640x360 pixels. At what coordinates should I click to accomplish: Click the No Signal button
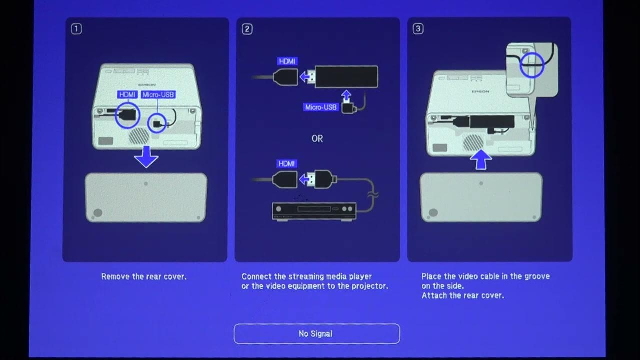tap(316, 334)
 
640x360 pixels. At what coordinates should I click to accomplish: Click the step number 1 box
tap(76, 29)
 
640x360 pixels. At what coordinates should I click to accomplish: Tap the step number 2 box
tap(247, 29)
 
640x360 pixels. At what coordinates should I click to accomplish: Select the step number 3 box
tap(418, 29)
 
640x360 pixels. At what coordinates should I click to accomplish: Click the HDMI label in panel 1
tap(127, 95)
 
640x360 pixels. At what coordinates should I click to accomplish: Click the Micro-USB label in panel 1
tap(158, 95)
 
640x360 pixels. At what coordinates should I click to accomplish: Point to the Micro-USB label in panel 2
tap(321, 107)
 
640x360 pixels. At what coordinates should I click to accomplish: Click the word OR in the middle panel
tap(317, 139)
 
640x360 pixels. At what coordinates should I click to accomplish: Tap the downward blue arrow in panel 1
tap(146, 158)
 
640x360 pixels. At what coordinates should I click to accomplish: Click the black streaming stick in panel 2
tap(346, 77)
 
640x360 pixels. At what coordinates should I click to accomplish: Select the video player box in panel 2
tap(314, 210)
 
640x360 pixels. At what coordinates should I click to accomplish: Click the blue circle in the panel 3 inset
tap(531, 65)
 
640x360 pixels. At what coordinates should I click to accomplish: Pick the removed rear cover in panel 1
tap(146, 197)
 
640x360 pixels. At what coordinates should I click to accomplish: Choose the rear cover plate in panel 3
tap(481, 197)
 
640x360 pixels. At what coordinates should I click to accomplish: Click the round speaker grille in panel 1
tap(139, 135)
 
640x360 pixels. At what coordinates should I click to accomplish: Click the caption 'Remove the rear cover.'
tap(144, 276)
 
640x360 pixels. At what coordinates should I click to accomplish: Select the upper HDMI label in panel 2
tap(287, 61)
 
